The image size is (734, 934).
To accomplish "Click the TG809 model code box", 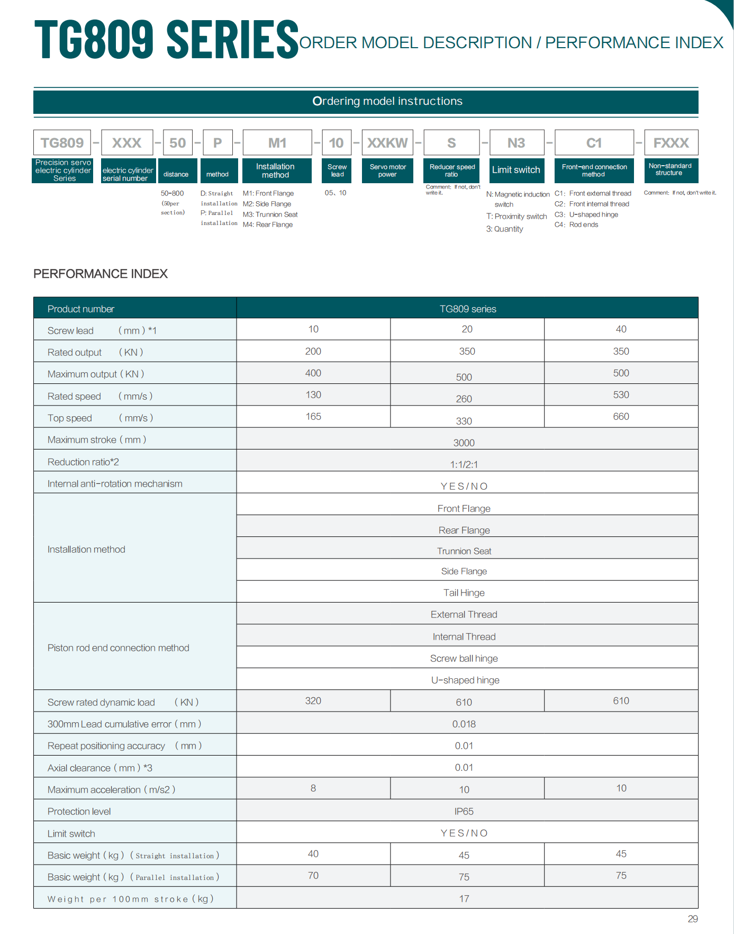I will (62, 143).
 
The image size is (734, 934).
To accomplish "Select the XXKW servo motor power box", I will (387, 143).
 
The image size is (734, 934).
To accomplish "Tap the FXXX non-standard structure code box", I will (670, 143).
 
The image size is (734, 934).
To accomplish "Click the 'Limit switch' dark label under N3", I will (516, 170).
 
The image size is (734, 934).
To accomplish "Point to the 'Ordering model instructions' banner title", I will (387, 101).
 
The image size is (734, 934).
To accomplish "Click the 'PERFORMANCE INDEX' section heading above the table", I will (101, 274).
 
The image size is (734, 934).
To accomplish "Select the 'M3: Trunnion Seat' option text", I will (270, 214).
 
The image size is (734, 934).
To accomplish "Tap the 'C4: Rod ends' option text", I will (576, 224).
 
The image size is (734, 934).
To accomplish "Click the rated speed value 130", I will (313, 395).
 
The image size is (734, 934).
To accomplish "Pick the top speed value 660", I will (621, 417).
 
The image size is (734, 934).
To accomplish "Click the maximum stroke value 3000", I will (464, 443).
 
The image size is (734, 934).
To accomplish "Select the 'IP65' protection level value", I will (464, 811).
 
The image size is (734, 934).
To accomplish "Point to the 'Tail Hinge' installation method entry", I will (464, 592).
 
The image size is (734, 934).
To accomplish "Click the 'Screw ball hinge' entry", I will (464, 658).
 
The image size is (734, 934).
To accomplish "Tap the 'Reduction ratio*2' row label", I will (83, 462).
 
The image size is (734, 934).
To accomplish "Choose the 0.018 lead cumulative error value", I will (464, 724).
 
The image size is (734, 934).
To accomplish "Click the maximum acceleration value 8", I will (313, 788).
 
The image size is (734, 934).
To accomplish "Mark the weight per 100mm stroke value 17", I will (464, 899).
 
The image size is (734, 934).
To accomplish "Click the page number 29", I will (693, 919).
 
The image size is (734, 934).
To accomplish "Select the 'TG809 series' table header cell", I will (468, 309).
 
